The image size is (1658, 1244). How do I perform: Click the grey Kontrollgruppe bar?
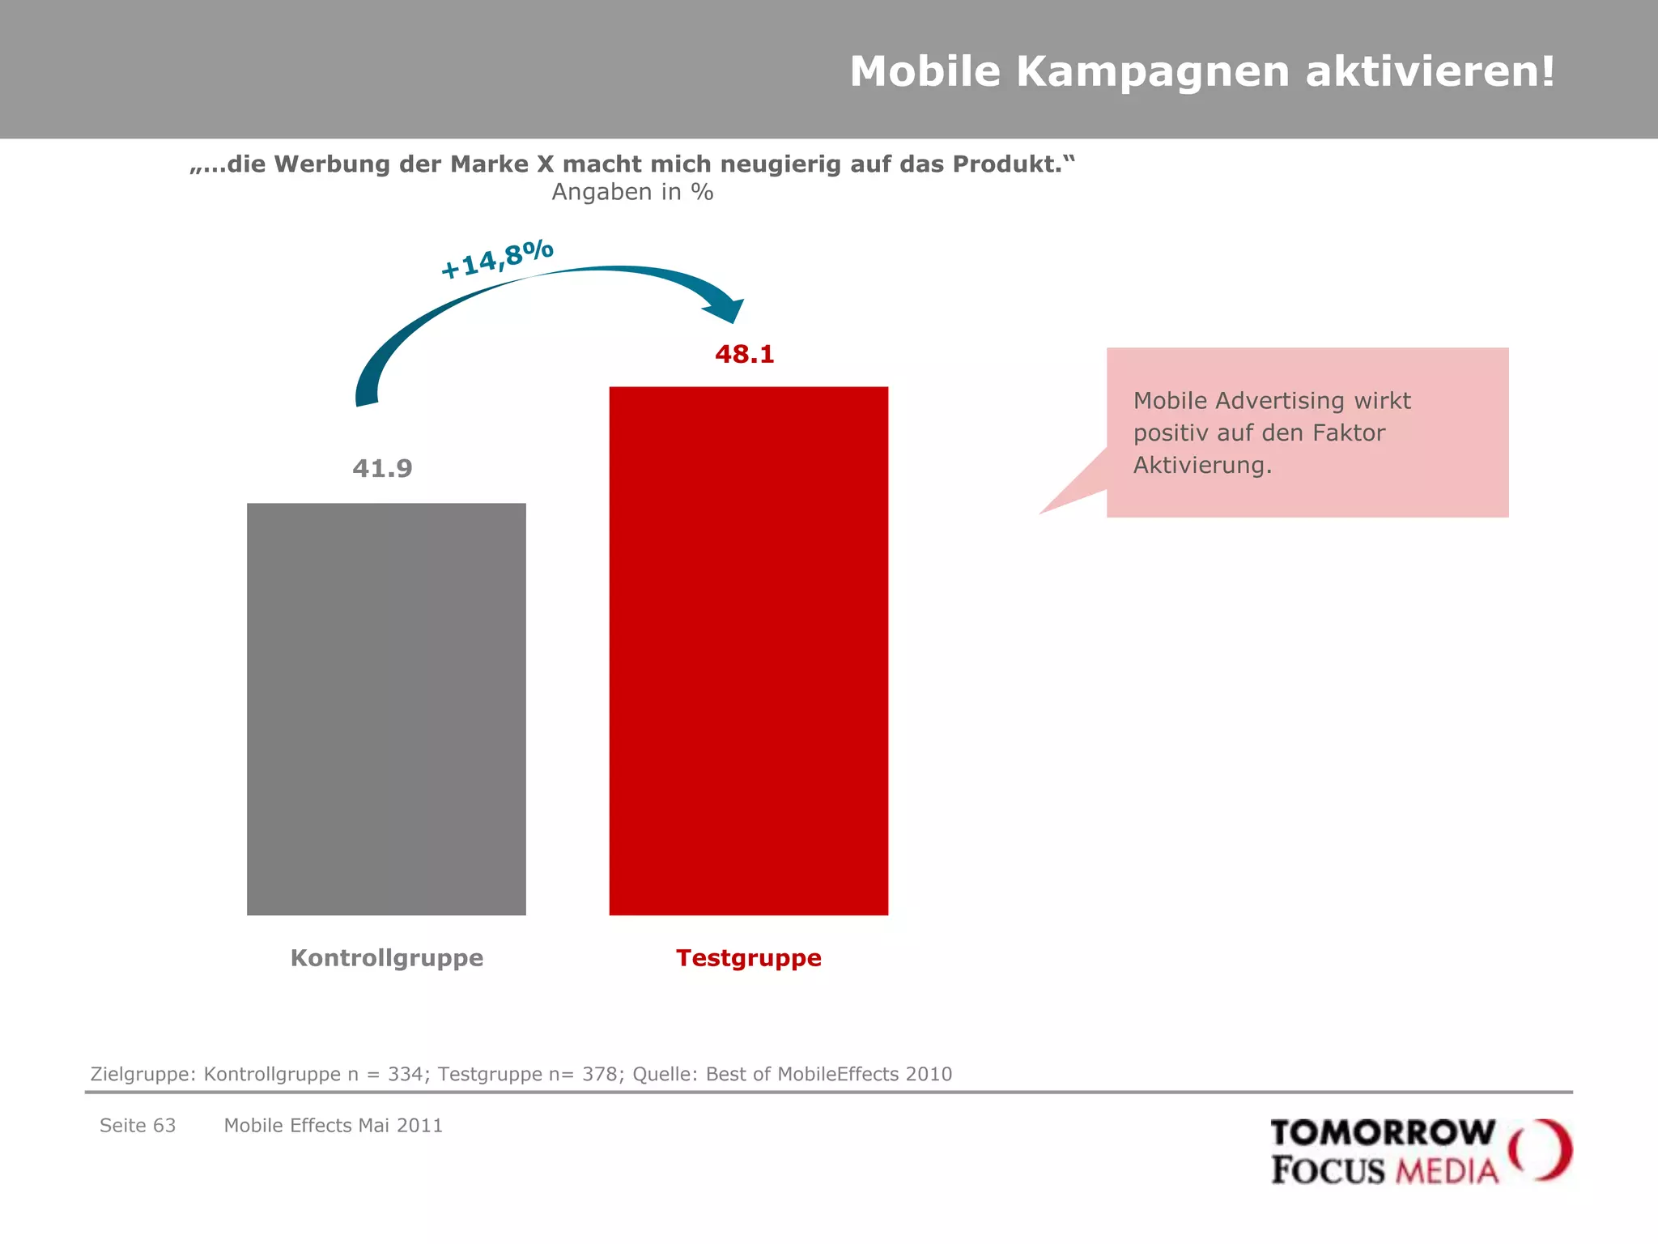click(386, 709)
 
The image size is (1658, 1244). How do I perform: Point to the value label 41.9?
click(382, 469)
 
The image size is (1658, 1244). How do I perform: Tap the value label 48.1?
click(744, 355)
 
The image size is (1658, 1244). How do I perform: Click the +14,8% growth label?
click(497, 258)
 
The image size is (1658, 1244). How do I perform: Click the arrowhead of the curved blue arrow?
click(725, 310)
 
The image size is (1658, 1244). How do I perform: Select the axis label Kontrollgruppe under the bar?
click(387, 958)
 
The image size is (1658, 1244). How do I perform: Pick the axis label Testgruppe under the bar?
click(749, 958)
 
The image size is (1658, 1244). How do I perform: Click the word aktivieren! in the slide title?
click(1430, 71)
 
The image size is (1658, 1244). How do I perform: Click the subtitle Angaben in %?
click(632, 193)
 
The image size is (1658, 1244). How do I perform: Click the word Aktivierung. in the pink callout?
click(1202, 466)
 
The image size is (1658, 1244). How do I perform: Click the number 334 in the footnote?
click(405, 1075)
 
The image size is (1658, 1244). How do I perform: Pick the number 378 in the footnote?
click(599, 1075)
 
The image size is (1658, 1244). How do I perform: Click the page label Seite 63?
click(138, 1126)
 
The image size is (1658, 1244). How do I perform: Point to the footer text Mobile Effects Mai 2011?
click(334, 1126)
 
